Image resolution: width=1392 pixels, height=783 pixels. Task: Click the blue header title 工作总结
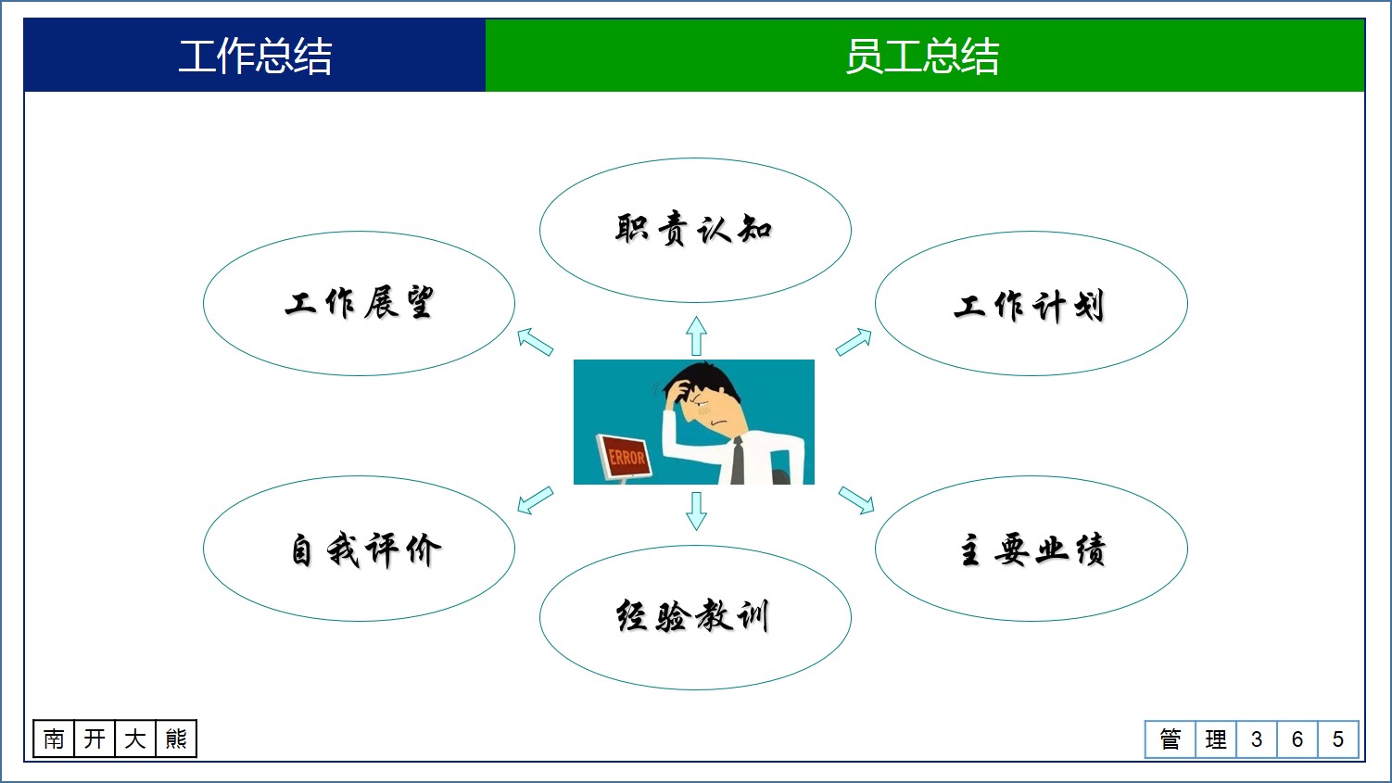255,56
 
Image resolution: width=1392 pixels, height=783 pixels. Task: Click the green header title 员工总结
923,56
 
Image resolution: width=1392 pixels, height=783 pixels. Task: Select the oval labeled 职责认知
694,230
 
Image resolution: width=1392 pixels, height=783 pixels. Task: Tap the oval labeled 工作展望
359,303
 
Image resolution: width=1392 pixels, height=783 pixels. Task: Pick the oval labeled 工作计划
1031,304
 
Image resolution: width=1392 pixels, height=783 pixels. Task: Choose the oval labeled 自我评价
359,549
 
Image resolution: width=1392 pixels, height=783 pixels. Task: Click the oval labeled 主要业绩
1031,549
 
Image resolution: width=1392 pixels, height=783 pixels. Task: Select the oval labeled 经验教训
694,617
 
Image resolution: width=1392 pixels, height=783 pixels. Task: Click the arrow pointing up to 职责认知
696,335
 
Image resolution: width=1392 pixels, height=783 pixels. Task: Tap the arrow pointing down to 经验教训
696,511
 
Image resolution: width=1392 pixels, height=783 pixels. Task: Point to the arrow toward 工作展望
535,341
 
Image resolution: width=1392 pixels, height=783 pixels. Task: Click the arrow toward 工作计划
854,342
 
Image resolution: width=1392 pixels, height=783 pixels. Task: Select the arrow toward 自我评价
535,500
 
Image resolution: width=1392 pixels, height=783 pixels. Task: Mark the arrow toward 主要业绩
856,500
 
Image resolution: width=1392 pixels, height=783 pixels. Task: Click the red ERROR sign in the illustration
626,457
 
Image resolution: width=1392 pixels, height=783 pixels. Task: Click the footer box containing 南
54,739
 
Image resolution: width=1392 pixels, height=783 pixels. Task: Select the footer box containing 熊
175,739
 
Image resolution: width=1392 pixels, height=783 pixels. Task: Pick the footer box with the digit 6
1297,739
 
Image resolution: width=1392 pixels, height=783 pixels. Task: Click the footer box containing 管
1170,739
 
